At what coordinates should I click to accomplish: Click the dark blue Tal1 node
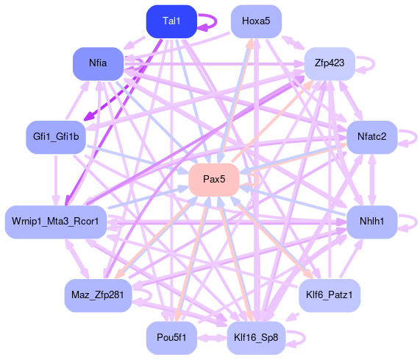tap(171, 21)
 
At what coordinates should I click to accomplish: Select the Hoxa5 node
tap(256, 21)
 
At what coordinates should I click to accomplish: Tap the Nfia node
tap(98, 63)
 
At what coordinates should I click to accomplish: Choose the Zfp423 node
tap(330, 63)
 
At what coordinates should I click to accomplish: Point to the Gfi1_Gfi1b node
tap(56, 137)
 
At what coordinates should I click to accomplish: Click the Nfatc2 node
tap(371, 137)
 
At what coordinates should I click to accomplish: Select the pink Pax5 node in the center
tap(214, 180)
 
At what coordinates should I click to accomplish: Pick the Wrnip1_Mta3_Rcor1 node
tap(56, 222)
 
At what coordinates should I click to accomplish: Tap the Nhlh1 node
tap(371, 222)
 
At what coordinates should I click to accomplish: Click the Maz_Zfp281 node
tap(98, 295)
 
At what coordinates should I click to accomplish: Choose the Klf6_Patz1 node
tap(330, 295)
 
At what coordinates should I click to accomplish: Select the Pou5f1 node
tap(171, 338)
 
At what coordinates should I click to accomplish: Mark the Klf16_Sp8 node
tap(256, 338)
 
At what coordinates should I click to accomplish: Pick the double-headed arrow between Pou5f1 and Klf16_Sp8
tap(212, 338)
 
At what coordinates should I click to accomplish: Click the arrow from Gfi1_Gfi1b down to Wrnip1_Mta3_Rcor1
tap(56, 180)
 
